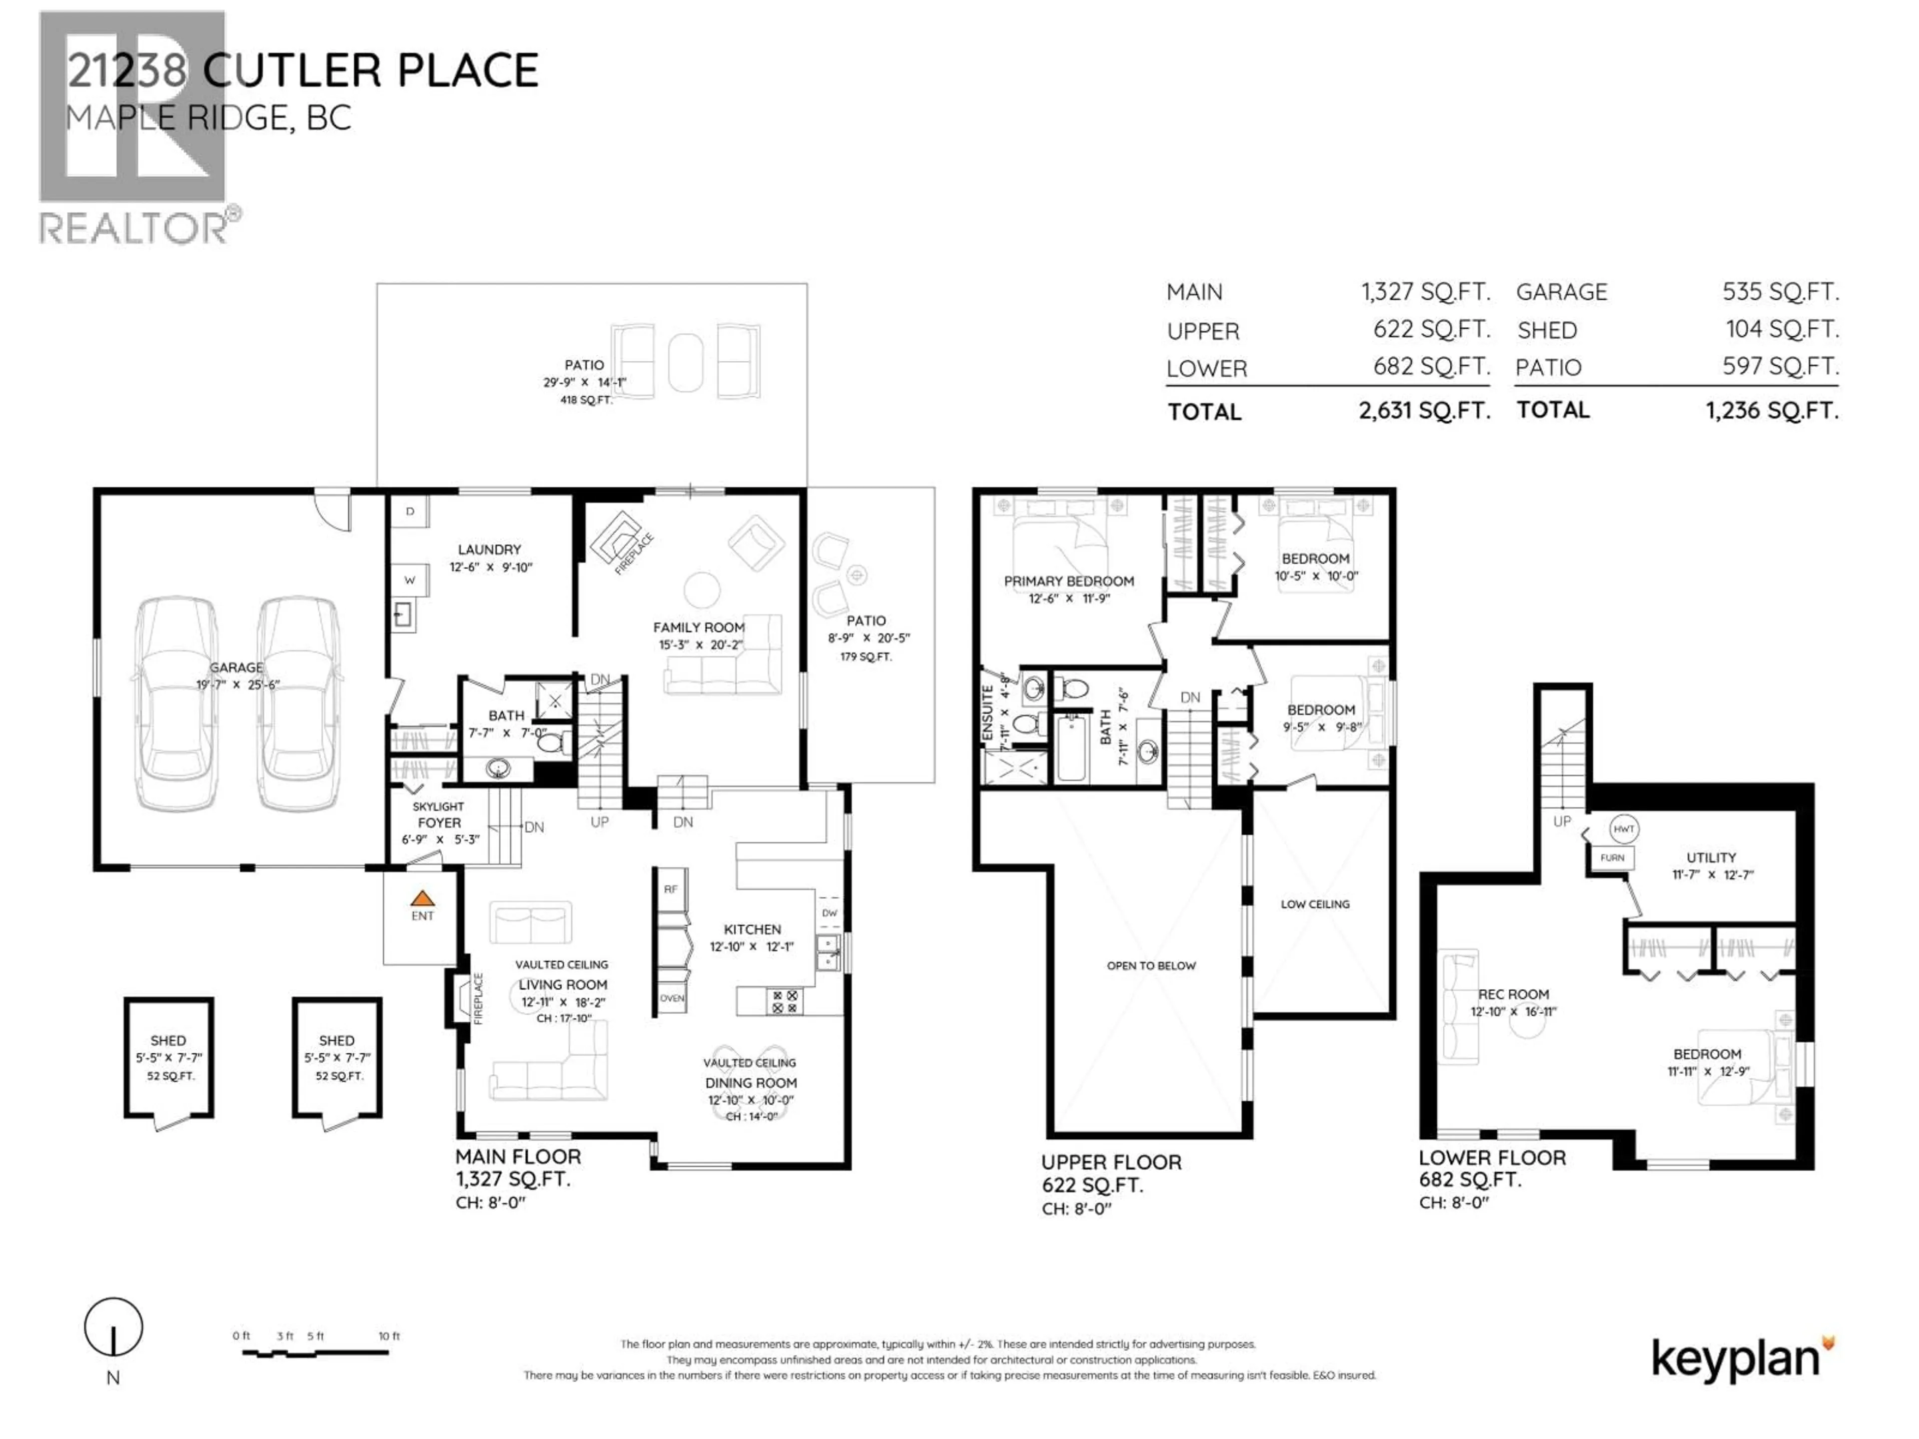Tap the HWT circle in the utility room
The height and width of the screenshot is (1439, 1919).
(x=1623, y=829)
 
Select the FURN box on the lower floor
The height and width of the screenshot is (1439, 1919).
(x=1612, y=858)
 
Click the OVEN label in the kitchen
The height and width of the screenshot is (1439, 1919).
(x=672, y=998)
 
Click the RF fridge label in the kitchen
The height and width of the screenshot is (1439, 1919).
(x=671, y=889)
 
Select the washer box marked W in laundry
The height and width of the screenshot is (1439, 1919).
(x=409, y=580)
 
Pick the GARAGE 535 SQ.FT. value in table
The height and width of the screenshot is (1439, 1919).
(x=1780, y=292)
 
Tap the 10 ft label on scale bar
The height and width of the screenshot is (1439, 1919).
(x=389, y=1337)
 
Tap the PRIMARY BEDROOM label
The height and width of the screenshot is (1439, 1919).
(x=1069, y=581)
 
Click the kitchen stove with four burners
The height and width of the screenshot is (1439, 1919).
(x=785, y=1002)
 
